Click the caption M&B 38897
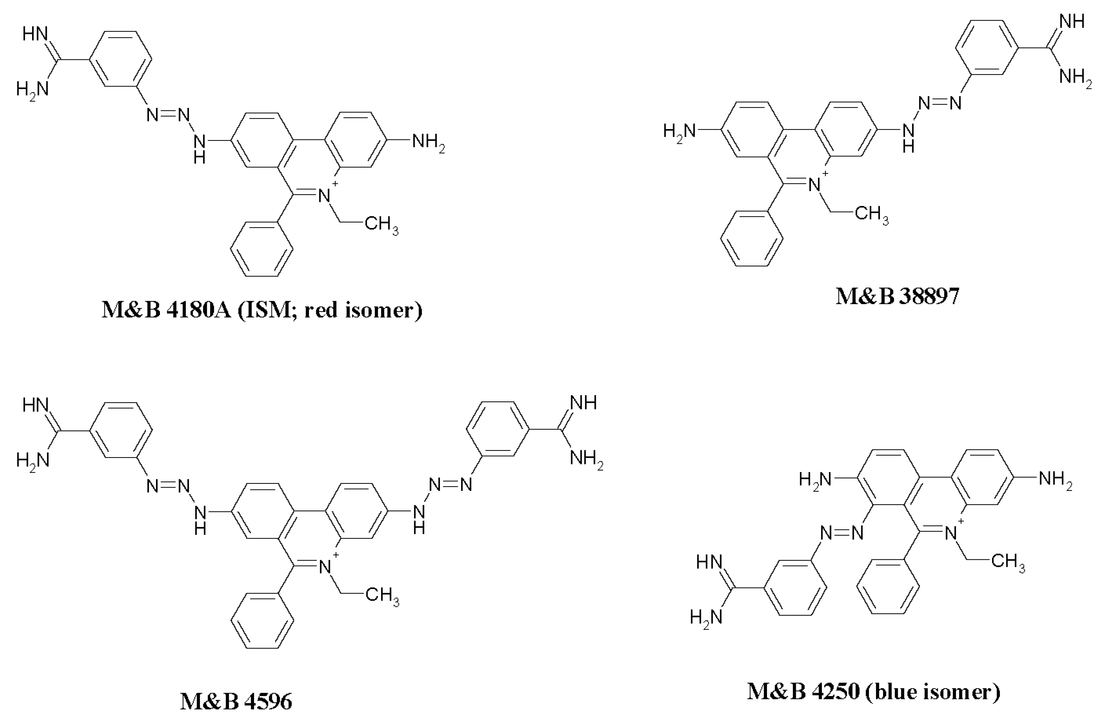click(897, 296)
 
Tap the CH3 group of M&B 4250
click(1008, 562)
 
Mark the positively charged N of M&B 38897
click(815, 185)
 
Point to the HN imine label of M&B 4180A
click(35, 34)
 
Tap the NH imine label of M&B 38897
click(1072, 21)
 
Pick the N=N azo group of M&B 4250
click(842, 533)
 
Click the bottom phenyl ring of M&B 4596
click(262, 620)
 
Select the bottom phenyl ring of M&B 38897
click(752, 238)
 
